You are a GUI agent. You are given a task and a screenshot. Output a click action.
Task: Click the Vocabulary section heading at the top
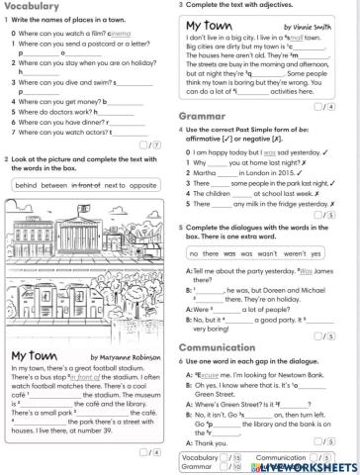pyautogui.click(x=33, y=7)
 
